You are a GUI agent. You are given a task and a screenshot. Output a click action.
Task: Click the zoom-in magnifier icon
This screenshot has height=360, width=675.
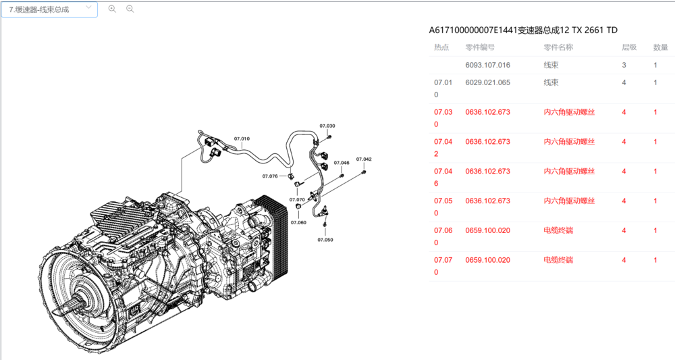click(112, 9)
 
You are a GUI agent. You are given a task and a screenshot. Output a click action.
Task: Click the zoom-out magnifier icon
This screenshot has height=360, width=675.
click(130, 9)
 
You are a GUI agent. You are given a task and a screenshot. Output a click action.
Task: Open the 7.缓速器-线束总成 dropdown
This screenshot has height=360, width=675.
click(49, 9)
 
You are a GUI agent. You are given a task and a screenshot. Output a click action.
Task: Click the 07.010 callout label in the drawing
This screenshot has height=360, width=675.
click(242, 138)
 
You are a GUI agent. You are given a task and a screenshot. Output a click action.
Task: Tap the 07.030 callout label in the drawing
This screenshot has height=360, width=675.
click(327, 126)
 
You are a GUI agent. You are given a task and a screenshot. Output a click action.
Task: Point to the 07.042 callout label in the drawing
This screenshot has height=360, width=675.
click(364, 159)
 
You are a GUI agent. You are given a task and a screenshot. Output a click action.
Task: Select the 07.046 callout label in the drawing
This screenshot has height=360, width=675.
click(342, 163)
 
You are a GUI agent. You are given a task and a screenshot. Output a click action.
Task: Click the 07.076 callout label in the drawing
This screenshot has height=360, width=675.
click(270, 176)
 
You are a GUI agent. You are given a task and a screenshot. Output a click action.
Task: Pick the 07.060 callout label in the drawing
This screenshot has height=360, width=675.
click(298, 222)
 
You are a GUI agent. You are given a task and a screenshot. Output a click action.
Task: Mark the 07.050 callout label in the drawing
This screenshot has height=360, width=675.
click(325, 240)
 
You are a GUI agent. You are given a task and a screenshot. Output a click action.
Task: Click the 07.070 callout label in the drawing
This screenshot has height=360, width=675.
click(297, 200)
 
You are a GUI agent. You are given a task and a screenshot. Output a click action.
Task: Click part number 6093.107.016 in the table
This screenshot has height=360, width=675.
click(487, 66)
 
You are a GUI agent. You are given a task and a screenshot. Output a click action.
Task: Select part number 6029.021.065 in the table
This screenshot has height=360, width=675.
click(487, 82)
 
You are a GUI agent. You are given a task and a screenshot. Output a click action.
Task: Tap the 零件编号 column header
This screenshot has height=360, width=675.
click(480, 47)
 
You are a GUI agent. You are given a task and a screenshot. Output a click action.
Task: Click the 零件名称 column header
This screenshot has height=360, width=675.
click(558, 47)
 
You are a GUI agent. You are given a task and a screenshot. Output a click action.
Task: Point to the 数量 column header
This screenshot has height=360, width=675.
click(661, 47)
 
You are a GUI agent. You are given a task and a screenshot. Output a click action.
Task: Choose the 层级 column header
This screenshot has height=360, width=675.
click(629, 47)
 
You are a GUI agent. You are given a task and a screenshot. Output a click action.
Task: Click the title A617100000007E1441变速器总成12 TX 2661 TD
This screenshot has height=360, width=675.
click(523, 30)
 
